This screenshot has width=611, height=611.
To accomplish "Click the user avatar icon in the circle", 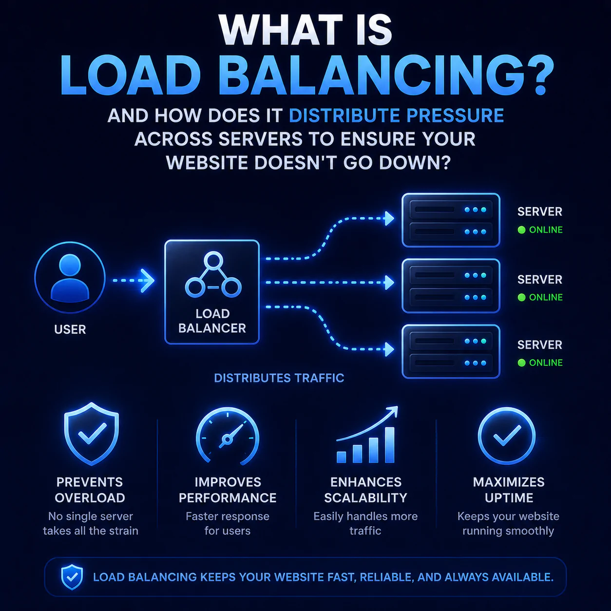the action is point(70,277).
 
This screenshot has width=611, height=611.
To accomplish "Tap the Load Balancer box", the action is point(212,292).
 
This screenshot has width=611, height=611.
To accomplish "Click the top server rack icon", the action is point(451,220).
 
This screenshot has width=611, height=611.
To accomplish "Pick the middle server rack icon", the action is point(451,286).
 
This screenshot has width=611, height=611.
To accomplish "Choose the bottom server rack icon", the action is point(451,351).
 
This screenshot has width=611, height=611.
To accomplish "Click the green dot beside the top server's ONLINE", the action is point(521,230).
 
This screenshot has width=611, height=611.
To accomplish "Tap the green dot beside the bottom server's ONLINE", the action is point(521,363).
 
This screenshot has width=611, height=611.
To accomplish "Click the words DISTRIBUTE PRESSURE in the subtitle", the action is point(396,115).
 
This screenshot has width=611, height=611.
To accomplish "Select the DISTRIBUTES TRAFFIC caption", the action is point(279,378).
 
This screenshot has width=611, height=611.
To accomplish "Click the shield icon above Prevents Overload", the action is point(91,434).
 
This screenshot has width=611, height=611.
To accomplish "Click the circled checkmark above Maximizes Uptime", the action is point(507,436).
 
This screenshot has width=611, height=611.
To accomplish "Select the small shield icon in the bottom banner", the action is point(72,577).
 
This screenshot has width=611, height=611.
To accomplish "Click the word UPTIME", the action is point(509,498).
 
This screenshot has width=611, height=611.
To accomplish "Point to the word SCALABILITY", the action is point(365,498).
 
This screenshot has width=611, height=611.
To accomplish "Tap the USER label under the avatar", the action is point(70,329).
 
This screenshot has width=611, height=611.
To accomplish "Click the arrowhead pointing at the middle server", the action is point(389,283).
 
